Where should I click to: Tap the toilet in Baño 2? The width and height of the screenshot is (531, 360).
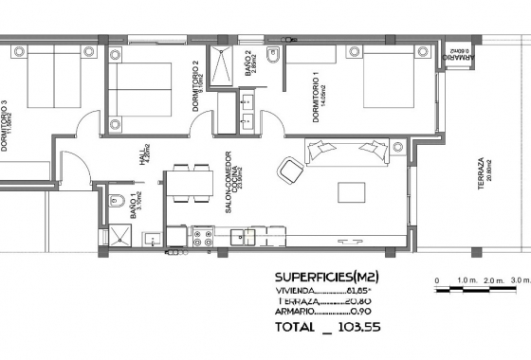click(272, 60)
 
